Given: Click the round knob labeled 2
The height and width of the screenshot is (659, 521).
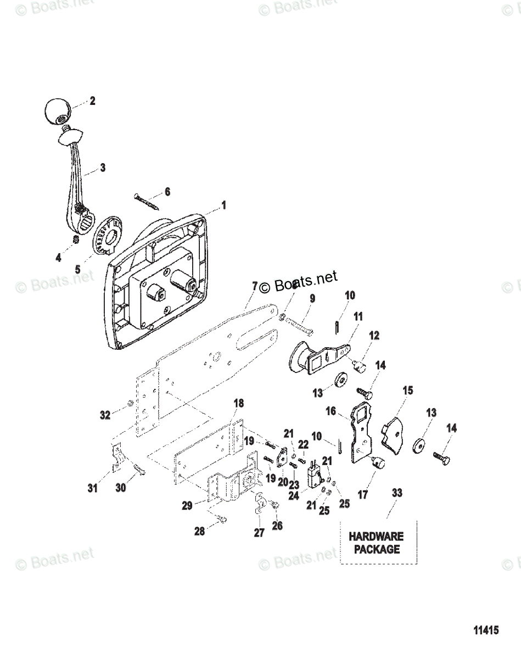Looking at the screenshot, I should click(x=57, y=111).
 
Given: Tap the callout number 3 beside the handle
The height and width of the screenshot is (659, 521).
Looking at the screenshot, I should click(x=103, y=168).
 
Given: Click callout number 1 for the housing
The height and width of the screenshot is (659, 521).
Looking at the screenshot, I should click(x=223, y=205).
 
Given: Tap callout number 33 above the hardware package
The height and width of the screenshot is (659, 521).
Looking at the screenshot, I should click(x=396, y=493).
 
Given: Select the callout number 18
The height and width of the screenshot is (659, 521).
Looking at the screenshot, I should click(x=238, y=404).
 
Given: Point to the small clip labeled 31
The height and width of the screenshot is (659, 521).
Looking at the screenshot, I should click(x=116, y=457).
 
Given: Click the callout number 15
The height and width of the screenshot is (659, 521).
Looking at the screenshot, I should click(x=408, y=391).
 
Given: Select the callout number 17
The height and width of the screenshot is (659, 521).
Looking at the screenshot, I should click(x=362, y=494).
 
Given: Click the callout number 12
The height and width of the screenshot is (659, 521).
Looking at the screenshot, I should click(x=374, y=336).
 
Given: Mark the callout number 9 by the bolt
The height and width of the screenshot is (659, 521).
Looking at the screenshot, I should click(x=312, y=299).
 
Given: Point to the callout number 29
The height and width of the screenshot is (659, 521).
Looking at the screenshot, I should click(x=187, y=506).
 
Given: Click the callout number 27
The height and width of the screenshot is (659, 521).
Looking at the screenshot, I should click(x=259, y=532).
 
